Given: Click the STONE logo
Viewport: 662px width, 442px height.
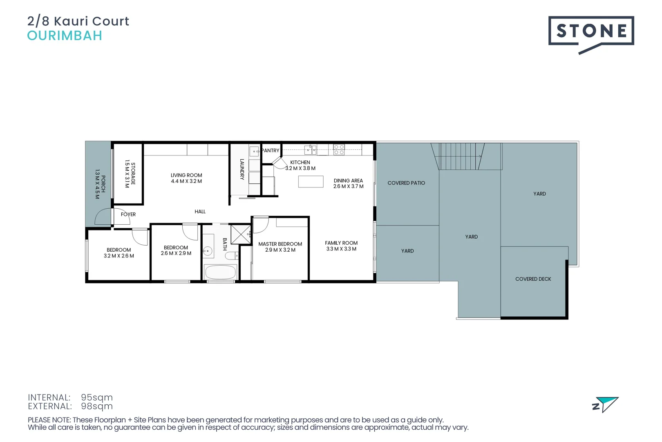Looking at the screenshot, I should pyautogui.click(x=590, y=32).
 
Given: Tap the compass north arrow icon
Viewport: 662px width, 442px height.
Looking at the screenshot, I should pyautogui.click(x=606, y=404).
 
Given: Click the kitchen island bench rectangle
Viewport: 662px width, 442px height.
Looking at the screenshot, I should pyautogui.click(x=311, y=181).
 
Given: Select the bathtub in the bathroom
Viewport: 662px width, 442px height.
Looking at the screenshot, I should pyautogui.click(x=220, y=272).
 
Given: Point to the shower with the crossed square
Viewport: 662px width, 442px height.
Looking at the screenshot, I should pyautogui.click(x=241, y=235).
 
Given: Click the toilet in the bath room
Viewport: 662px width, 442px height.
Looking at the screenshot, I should pyautogui.click(x=232, y=256).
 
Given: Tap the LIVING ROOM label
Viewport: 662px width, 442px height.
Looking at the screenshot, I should pyautogui.click(x=186, y=175).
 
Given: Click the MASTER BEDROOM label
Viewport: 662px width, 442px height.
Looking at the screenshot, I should pyautogui.click(x=280, y=244).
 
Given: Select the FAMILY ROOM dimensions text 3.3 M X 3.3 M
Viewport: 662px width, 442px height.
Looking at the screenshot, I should pyautogui.click(x=341, y=249).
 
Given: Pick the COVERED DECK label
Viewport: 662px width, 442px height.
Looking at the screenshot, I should pyautogui.click(x=533, y=279).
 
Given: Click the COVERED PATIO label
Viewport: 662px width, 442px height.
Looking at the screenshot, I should pyautogui.click(x=406, y=183).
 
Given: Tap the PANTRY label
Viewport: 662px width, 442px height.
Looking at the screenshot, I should pyautogui.click(x=271, y=151).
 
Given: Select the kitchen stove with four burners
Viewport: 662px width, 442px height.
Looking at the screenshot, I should pyautogui.click(x=339, y=149).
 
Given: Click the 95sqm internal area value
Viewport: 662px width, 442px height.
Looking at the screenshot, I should pyautogui.click(x=97, y=397).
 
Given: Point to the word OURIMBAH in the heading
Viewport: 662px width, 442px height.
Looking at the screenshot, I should pyautogui.click(x=65, y=36).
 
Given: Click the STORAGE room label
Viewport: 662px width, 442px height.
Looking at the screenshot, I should pyautogui.click(x=133, y=174).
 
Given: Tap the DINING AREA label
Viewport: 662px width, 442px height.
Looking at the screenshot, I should pyautogui.click(x=348, y=180).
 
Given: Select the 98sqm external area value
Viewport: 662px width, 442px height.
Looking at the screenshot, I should pyautogui.click(x=97, y=406).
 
